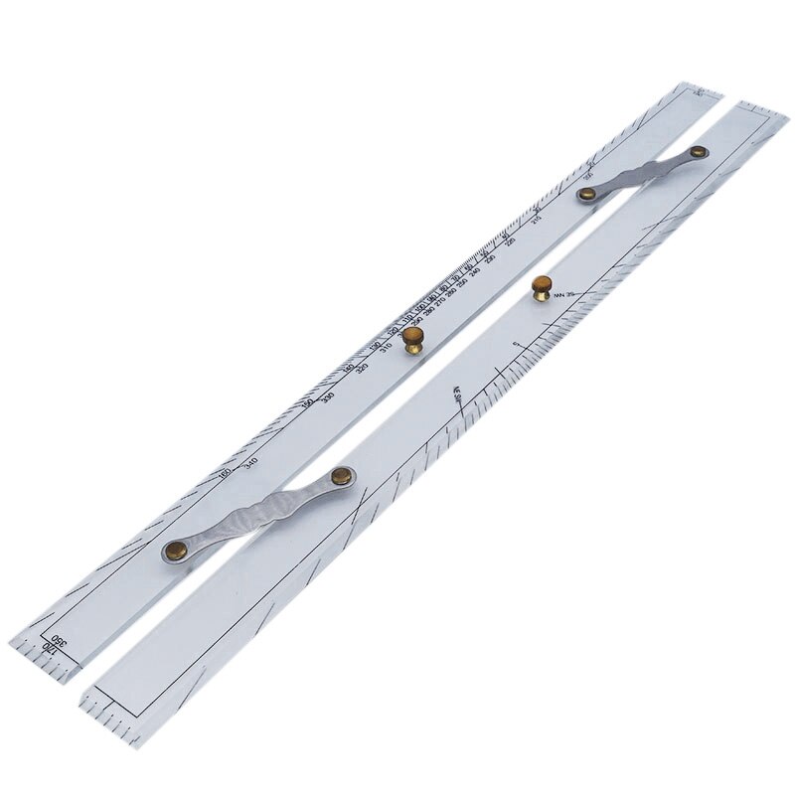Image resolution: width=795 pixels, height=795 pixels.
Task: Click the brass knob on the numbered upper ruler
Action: click(411, 344)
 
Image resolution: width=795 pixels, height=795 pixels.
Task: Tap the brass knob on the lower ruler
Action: click(542, 287)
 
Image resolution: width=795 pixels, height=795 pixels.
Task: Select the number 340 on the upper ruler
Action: click(250, 463)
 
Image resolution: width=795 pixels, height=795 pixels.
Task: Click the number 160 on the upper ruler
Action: click(227, 472)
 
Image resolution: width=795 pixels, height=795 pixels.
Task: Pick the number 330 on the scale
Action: click(328, 397)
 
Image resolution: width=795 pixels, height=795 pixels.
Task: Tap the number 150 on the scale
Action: click(307, 402)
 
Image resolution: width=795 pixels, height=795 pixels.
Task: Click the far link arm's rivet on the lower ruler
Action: click(700, 152)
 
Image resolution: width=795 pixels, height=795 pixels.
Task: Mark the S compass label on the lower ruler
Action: click(515, 345)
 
